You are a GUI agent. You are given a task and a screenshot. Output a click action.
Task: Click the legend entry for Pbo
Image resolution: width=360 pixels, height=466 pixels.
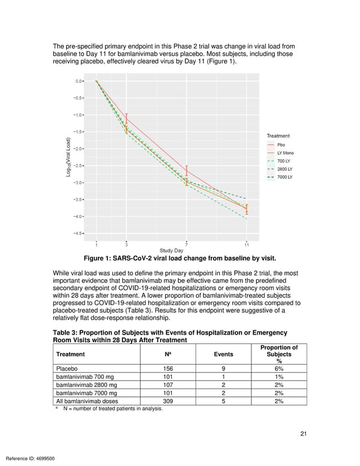coord(281,145)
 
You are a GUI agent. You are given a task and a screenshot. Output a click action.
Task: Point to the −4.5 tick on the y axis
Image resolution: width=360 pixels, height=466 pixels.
coord(79,234)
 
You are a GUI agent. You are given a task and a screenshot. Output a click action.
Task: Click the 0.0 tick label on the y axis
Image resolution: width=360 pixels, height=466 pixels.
coord(79,81)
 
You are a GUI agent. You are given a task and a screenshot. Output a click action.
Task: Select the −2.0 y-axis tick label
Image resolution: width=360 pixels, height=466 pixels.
coord(79,148)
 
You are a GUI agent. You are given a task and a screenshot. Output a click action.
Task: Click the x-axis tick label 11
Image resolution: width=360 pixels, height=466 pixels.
coord(247,244)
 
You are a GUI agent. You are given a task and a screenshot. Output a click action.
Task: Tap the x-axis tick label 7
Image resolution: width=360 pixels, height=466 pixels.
coord(187,244)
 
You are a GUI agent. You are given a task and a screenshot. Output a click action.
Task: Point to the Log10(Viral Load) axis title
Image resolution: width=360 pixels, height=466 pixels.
coord(69,157)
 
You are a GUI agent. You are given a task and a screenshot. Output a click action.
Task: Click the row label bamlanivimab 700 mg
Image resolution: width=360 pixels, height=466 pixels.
coord(86,379)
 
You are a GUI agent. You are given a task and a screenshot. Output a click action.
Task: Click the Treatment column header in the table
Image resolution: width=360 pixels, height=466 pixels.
coord(70,354)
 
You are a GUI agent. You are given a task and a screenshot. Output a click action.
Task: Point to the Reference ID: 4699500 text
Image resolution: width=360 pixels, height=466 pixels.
coord(29,458)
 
